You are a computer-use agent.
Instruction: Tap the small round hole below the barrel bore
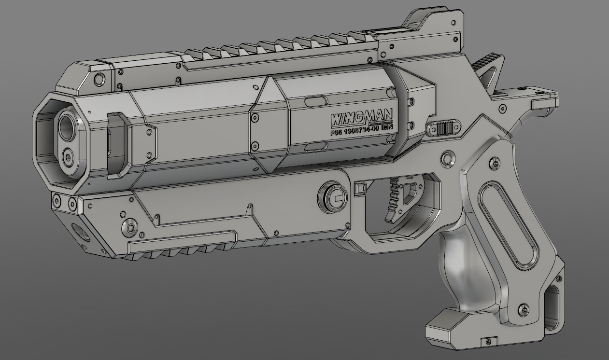[x=69, y=155]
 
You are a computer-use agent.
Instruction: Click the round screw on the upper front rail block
[x=99, y=78]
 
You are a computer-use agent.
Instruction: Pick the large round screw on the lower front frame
[x=130, y=227]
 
